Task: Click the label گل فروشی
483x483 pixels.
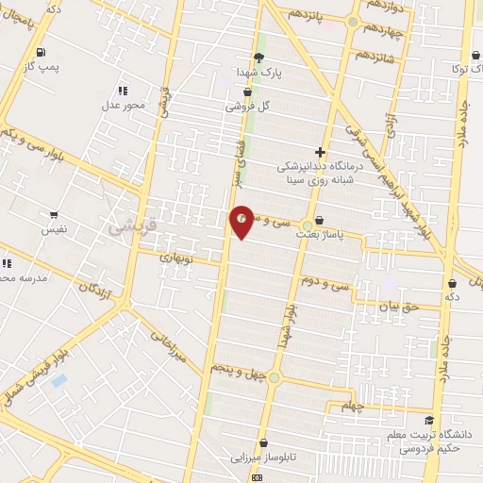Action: tap(247, 107)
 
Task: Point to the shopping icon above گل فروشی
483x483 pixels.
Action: tap(247, 92)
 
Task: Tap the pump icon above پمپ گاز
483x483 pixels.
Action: tap(40, 53)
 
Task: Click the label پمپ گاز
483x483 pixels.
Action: tap(42, 68)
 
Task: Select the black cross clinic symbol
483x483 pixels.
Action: tap(320, 151)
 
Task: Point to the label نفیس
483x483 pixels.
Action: tap(54, 229)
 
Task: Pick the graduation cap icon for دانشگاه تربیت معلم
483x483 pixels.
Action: tap(429, 421)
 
